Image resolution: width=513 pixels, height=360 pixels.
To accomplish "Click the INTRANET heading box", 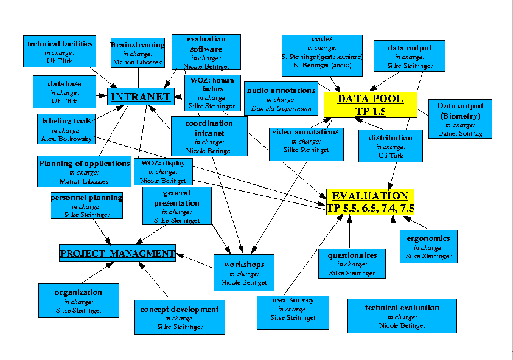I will point(141,96).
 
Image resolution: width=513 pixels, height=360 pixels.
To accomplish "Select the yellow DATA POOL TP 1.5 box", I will point(370,104).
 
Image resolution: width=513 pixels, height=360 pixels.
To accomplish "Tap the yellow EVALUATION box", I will point(370,201).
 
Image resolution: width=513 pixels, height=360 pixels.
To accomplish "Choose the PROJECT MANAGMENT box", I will point(117,252).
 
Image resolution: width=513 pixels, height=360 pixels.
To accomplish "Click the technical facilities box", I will point(60,51).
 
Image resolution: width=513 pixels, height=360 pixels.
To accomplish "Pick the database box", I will point(65,91).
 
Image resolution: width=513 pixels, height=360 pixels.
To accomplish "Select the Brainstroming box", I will point(138,52).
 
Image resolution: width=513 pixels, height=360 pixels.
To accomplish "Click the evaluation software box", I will point(206,52).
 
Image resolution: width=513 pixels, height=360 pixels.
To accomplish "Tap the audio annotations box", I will point(281,98).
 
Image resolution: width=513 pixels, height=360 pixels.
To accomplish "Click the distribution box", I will point(390,146).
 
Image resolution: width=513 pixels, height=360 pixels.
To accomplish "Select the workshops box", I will point(244,272).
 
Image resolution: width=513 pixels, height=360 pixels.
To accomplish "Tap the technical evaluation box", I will point(402,316).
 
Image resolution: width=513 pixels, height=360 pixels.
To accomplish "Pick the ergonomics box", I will point(429,246).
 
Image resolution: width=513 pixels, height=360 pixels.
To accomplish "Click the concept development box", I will point(179,317).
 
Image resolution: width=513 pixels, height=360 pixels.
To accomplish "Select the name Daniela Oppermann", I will point(281,109).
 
